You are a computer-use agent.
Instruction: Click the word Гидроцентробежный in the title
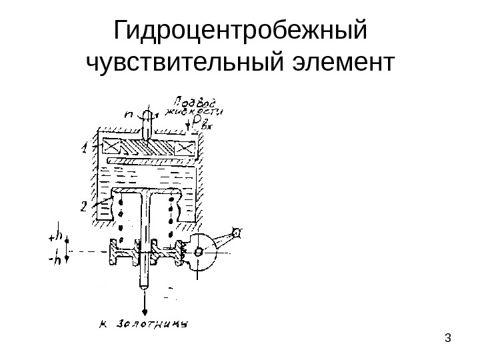[x=241, y=31]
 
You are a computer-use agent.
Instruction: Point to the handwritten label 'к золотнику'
[x=144, y=326]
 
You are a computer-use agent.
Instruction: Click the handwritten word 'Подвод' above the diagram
[x=192, y=101]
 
